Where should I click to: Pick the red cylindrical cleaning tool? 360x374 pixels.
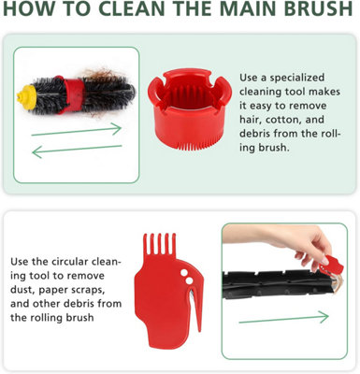(189, 110)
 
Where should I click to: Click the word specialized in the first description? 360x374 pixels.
(297, 78)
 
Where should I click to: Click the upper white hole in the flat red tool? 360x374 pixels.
(184, 272)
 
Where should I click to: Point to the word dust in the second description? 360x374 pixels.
(22, 290)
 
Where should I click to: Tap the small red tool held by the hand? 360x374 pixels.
(332, 265)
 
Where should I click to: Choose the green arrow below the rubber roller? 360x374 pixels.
(283, 318)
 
